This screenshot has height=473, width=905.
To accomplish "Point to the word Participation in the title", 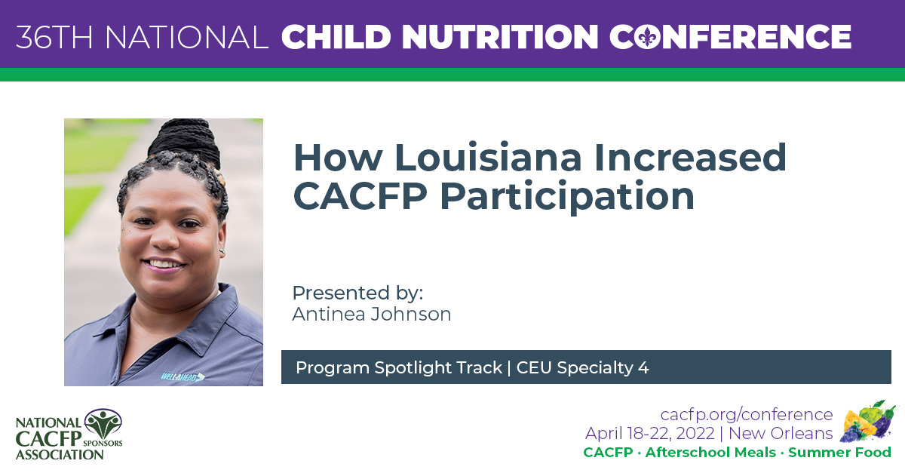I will point(566,196).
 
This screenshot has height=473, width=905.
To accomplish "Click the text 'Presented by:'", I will point(357,293).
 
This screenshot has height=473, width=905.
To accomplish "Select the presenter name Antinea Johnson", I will point(371,314).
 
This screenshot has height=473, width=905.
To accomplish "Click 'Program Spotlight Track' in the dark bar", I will point(398,367).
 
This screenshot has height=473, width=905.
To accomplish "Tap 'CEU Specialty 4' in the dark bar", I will point(582,367).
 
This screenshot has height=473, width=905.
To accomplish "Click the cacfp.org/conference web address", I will point(746,414).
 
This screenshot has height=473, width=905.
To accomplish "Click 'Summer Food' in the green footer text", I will point(839,453).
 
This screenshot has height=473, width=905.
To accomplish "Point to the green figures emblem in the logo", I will point(103,424).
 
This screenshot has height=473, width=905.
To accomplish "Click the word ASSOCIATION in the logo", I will point(60,454).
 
